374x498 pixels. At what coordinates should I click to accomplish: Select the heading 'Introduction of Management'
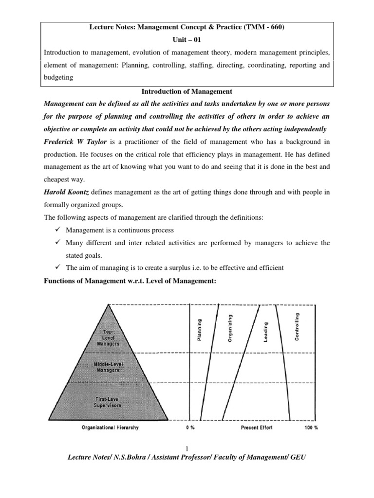coord(187,91)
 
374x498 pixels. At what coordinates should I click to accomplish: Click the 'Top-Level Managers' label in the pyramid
coord(108,336)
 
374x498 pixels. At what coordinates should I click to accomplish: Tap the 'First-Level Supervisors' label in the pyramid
coord(108,402)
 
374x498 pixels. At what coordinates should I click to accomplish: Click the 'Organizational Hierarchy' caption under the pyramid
coord(110,428)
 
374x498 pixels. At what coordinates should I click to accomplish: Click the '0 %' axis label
coord(190,428)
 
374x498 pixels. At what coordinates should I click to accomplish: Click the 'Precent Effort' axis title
coord(257,428)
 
